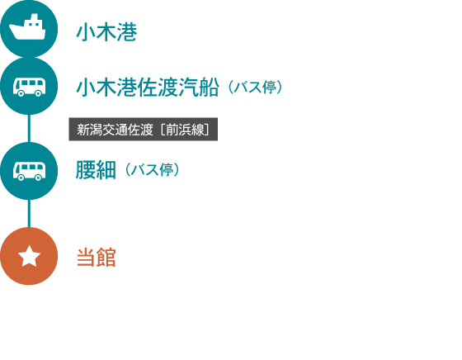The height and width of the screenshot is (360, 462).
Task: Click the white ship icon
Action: coord(27,27)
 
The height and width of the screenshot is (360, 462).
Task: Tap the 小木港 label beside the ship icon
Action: coord(106,32)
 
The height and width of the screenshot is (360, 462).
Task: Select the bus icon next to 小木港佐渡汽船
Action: coord(29,87)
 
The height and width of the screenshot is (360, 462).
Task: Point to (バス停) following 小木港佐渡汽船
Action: coord(255,88)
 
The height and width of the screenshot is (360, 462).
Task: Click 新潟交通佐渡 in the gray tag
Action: coord(115,130)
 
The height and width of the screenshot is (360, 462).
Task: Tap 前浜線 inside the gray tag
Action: coord(185,130)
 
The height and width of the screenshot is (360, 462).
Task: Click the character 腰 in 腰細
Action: coord(86,170)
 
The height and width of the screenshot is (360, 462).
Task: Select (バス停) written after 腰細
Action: coord(153,170)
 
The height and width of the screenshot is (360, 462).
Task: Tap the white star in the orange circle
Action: coord(29,256)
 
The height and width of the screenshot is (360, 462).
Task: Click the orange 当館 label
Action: coord(96,258)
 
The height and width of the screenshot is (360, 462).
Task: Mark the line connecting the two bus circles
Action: coord(29,129)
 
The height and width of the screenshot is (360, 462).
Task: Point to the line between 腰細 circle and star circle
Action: coord(29,214)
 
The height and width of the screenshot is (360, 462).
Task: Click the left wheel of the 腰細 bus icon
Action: coord(21,178)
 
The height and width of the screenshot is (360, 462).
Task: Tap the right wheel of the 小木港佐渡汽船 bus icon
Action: coord(38,93)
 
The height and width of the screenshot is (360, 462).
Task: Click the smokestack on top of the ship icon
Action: coord(35,17)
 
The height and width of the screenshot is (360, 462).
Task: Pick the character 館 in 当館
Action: coord(106,258)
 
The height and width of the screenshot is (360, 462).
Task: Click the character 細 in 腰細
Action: coord(106,170)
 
